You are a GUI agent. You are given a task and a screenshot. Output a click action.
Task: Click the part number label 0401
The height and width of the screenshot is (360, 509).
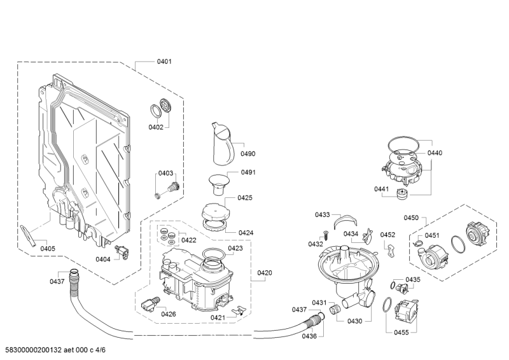click(164, 62)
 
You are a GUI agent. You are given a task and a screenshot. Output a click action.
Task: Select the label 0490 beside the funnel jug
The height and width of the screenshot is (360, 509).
click(248, 154)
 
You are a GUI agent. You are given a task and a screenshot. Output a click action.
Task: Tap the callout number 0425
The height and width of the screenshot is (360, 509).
click(245, 198)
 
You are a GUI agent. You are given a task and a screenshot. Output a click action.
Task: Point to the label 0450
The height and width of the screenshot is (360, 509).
click(411, 218)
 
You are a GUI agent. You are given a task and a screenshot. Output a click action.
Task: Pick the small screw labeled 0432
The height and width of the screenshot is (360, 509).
click(325, 234)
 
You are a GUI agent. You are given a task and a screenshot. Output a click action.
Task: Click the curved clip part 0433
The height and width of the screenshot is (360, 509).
click(345, 220)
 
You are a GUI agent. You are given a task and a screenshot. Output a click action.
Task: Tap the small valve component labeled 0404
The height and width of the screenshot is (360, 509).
click(122, 252)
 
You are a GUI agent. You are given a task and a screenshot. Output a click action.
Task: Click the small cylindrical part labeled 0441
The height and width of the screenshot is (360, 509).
click(402, 193)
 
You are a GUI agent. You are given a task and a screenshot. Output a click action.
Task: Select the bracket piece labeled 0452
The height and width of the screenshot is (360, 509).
click(390, 250)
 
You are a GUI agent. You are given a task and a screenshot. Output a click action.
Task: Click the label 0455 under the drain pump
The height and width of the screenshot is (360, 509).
click(401, 333)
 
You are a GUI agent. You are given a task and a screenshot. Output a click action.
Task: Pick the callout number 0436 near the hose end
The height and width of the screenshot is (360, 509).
click(309, 336)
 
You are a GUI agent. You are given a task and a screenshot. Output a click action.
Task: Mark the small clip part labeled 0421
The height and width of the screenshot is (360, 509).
click(241, 310)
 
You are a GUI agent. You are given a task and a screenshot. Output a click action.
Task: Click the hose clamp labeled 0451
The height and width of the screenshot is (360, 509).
click(418, 244)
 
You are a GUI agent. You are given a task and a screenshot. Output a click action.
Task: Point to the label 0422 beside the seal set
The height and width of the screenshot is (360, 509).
click(189, 240)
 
